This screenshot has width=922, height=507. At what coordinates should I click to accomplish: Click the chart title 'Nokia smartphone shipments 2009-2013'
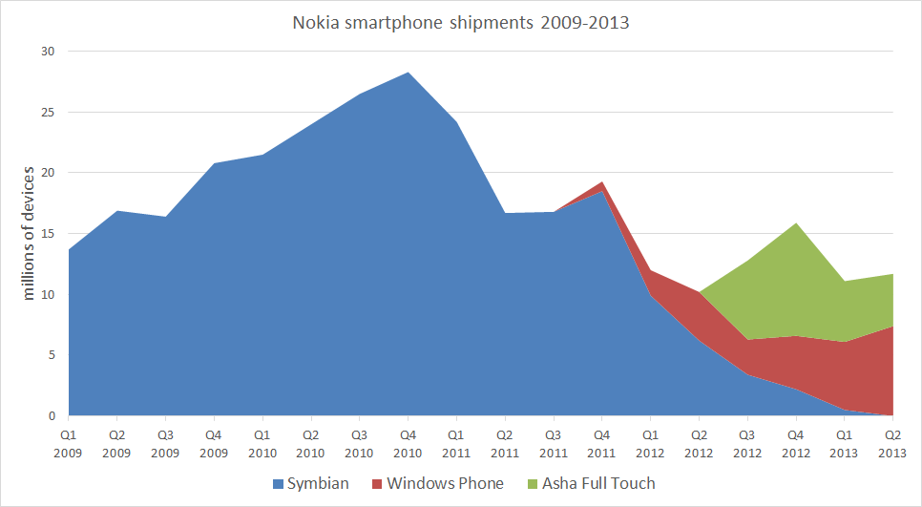pyautogui.click(x=461, y=22)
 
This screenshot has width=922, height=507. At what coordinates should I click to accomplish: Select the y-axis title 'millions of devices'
pyautogui.click(x=28, y=233)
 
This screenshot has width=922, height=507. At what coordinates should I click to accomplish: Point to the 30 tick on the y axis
pyautogui.click(x=48, y=52)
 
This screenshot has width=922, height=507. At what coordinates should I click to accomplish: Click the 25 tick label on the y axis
pyautogui.click(x=48, y=113)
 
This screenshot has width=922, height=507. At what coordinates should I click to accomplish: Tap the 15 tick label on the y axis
pyautogui.click(x=48, y=234)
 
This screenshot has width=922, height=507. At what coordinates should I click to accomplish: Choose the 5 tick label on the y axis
pyautogui.click(x=52, y=355)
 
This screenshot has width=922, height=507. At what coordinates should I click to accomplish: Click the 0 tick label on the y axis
pyautogui.click(x=52, y=416)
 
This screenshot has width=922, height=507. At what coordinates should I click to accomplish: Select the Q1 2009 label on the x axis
pyautogui.click(x=69, y=440)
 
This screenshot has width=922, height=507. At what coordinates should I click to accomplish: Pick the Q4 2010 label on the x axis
pyautogui.click(x=409, y=440)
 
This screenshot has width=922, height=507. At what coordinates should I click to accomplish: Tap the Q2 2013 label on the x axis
pyautogui.click(x=893, y=440)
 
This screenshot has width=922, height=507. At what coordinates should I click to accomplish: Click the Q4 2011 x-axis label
pyautogui.click(x=602, y=440)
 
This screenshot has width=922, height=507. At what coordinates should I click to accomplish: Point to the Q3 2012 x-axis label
pyautogui.click(x=747, y=440)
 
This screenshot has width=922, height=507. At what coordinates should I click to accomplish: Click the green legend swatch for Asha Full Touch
pyautogui.click(x=531, y=484)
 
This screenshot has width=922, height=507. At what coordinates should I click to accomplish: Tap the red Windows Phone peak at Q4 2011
pyautogui.click(x=602, y=183)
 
